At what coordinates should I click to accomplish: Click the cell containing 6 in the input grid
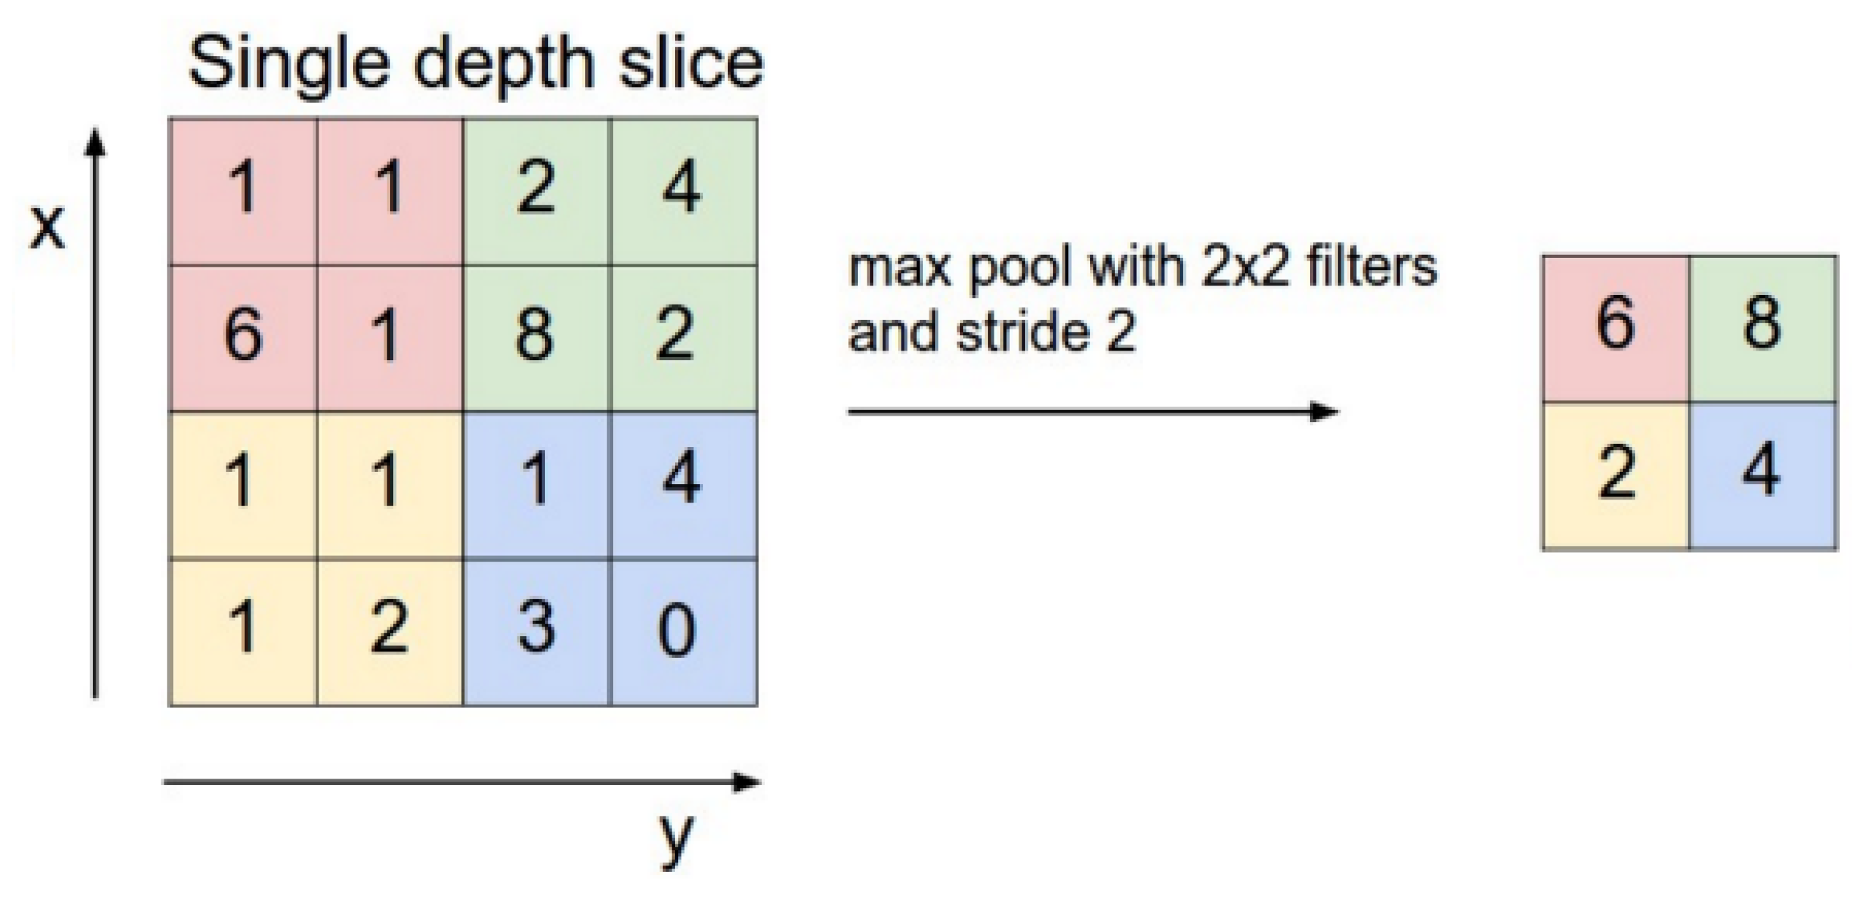click(243, 337)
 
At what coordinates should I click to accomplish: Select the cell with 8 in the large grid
click(536, 337)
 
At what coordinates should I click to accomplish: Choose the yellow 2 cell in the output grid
click(1615, 475)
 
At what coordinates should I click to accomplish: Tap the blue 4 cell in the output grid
click(1762, 475)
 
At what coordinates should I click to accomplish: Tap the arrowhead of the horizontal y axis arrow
click(747, 782)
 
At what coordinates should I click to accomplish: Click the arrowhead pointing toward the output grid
click(1323, 411)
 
